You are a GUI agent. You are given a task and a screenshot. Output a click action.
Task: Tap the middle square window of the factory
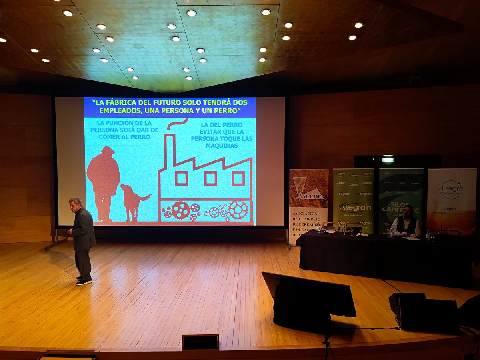click(x=210, y=178)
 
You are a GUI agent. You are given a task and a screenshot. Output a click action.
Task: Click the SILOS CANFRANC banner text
click(x=400, y=206)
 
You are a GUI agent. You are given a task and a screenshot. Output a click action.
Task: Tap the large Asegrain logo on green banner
click(x=354, y=207)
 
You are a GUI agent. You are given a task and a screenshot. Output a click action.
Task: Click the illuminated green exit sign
click(x=388, y=160)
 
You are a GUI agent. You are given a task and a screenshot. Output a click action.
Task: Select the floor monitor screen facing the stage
click(x=308, y=294)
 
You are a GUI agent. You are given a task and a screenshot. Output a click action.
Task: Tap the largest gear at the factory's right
click(x=238, y=210)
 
